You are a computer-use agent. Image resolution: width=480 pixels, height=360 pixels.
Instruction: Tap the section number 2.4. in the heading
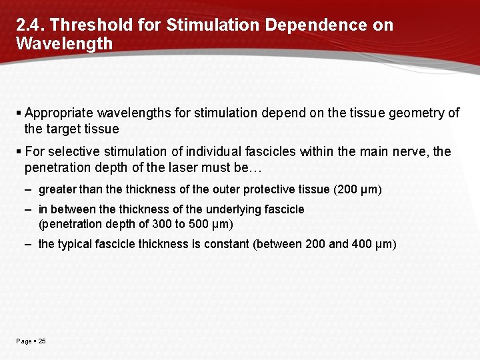pyautogui.click(x=29, y=25)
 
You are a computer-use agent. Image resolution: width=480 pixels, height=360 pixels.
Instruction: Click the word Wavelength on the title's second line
pyautogui.click(x=64, y=44)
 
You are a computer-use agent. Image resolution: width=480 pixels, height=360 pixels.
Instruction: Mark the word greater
pyautogui.click(x=57, y=190)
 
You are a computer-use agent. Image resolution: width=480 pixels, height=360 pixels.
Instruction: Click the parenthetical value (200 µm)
pyautogui.click(x=357, y=190)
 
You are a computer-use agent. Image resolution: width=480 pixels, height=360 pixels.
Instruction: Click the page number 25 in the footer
pyautogui.click(x=42, y=341)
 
